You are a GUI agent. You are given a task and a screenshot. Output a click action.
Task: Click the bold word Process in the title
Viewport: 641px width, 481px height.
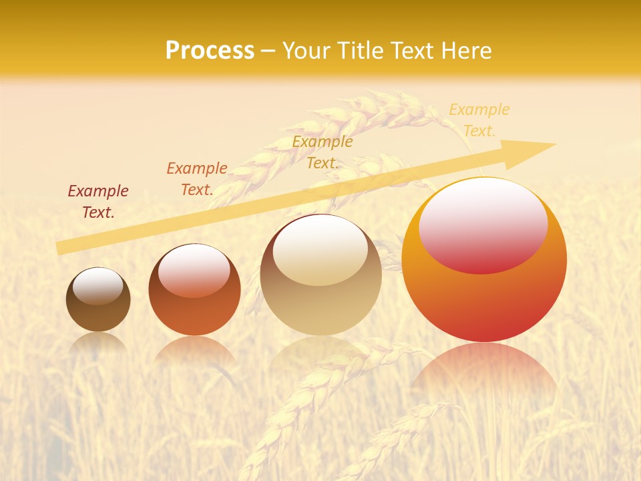210,51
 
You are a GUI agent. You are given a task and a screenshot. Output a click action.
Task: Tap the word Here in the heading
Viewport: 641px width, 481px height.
465,51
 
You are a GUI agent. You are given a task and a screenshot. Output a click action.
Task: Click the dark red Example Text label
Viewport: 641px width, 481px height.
98,202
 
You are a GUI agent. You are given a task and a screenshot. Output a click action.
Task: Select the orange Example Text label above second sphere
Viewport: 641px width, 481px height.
197,179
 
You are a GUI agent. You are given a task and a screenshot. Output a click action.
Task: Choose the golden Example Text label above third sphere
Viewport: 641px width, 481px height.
323,152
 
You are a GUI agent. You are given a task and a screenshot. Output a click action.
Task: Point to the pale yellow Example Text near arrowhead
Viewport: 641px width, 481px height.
479,120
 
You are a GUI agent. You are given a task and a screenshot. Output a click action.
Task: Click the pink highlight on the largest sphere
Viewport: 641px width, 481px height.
483,225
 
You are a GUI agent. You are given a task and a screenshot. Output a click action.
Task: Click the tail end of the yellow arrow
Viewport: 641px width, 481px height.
60,248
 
